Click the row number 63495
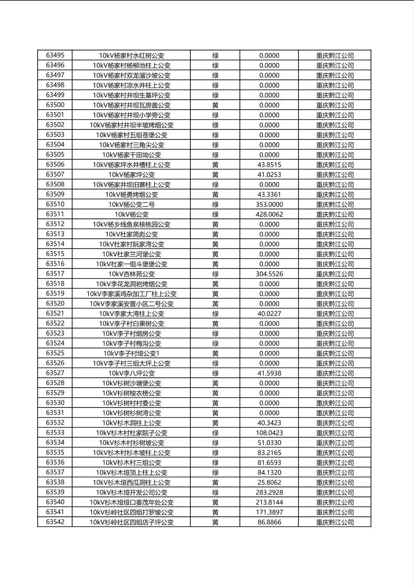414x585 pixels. click(x=55, y=55)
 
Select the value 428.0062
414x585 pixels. click(x=269, y=214)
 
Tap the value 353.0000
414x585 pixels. click(x=269, y=204)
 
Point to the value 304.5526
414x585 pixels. click(x=269, y=274)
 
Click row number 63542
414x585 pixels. click(x=55, y=522)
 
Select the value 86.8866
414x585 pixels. click(x=269, y=522)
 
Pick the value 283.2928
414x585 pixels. click(x=269, y=492)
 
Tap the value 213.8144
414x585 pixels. click(x=269, y=502)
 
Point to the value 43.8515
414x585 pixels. click(x=269, y=165)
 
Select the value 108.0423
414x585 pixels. click(x=269, y=433)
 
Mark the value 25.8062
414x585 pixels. click(x=269, y=483)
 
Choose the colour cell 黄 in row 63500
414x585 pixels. click(x=215, y=105)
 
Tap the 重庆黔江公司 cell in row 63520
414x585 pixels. click(x=335, y=304)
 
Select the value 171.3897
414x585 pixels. click(x=269, y=512)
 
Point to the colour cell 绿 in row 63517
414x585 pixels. click(x=215, y=274)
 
